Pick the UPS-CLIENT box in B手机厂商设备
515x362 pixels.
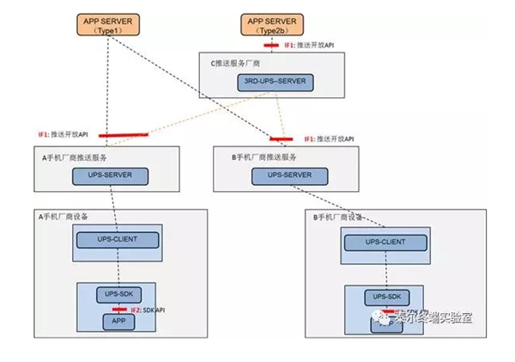tap(385, 243)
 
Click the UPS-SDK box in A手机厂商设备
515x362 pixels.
tap(117, 294)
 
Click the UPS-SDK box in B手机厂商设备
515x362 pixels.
tap(386, 298)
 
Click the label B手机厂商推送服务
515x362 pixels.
tap(264, 157)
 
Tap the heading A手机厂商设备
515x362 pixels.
tap(65, 216)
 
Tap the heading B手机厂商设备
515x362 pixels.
tap(337, 218)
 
